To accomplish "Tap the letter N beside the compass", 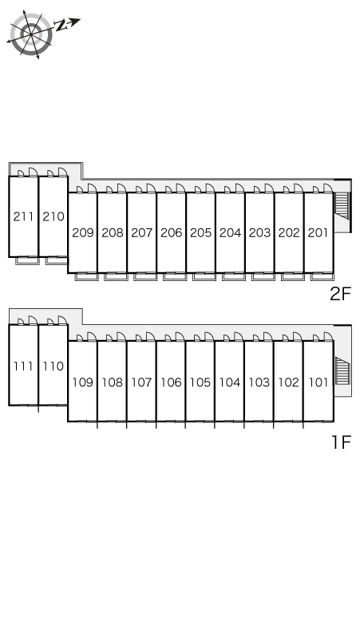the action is (61, 26).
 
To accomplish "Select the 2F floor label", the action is (340, 294).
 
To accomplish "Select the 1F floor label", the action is (341, 442).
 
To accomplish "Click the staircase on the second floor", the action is (342, 206).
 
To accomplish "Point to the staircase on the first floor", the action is (342, 370).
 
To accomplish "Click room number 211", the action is (23, 216).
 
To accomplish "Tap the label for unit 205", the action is (201, 233).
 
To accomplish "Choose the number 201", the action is (318, 233).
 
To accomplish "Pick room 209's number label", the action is (83, 233).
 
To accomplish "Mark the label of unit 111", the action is (23, 366).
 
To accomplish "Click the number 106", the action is (171, 382).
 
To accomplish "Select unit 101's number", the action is (318, 382).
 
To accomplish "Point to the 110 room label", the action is (53, 366).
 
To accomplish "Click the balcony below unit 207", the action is (145, 277).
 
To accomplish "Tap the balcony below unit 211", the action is (27, 261).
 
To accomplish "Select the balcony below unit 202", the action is (293, 277).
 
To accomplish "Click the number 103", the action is (259, 382).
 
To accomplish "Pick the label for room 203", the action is (259, 233).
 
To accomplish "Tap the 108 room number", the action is (113, 382).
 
